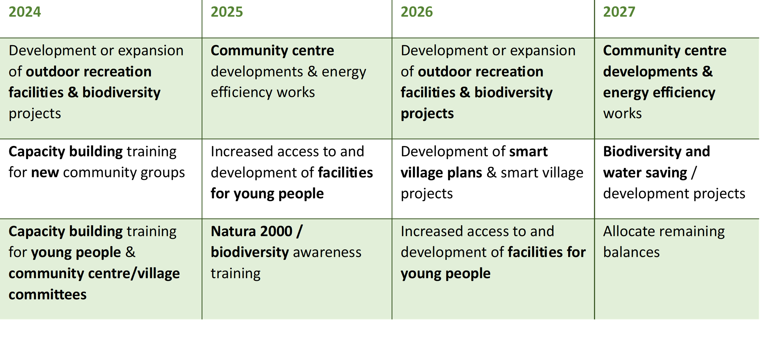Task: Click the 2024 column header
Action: [x=25, y=12]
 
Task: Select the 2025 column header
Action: [x=227, y=12]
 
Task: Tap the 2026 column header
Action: [x=417, y=12]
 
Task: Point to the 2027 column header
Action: [x=619, y=12]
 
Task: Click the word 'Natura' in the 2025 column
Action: [x=232, y=231]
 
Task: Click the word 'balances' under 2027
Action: [x=631, y=252]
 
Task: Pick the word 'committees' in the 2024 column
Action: [x=47, y=294]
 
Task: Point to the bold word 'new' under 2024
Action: [x=45, y=173]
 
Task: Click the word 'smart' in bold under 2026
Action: [x=528, y=152]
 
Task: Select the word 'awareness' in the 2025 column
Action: [x=327, y=252]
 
